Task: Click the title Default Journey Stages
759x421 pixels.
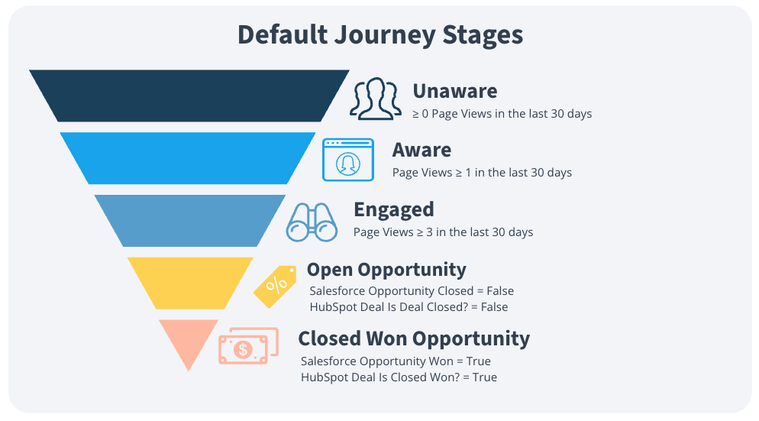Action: tap(379, 35)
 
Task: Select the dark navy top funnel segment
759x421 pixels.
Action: tap(189, 96)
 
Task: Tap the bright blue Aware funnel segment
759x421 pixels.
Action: tap(188, 158)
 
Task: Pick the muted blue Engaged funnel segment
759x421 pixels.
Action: tap(189, 220)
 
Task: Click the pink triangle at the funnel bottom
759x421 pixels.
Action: tap(189, 340)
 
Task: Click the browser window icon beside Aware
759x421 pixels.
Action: tap(348, 159)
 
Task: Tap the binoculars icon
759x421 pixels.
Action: tap(312, 222)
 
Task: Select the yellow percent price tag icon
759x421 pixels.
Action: tap(276, 286)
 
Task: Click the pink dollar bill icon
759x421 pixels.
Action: tap(245, 348)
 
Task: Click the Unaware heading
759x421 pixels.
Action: tap(454, 91)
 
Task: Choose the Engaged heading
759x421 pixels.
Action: tap(393, 209)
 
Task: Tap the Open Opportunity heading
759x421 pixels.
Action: tap(386, 270)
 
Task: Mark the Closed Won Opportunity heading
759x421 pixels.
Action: tap(413, 338)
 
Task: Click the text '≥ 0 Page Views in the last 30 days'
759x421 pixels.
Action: tap(502, 114)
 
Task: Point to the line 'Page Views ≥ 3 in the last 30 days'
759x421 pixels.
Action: tap(443, 232)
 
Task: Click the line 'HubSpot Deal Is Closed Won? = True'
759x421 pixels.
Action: tap(399, 377)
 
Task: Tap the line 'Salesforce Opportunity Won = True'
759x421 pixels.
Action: tap(396, 361)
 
